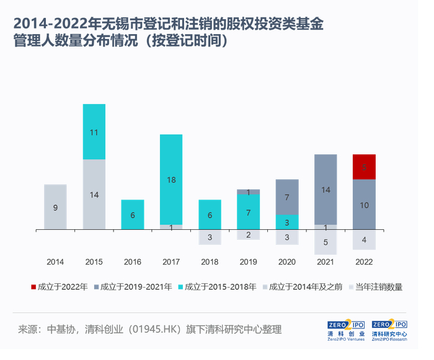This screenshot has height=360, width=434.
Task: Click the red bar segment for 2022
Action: [364, 167]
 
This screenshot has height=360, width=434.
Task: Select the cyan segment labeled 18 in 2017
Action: [171, 179]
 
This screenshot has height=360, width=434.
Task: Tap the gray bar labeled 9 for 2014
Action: [55, 207]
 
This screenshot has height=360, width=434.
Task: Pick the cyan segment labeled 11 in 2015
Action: [94, 132]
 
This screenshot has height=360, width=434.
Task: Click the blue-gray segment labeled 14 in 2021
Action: [325, 190]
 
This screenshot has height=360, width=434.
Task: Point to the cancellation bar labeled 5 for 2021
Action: [325, 242]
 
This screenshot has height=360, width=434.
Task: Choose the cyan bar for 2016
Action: [133, 214]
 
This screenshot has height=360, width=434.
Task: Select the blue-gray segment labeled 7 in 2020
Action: [287, 197]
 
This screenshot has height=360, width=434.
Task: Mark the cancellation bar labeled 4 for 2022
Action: [364, 240]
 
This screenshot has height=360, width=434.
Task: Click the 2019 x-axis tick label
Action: [248, 262]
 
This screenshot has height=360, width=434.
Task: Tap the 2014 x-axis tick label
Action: [55, 262]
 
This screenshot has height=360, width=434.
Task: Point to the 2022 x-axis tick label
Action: [364, 262]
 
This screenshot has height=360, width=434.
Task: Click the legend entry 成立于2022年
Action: [58, 287]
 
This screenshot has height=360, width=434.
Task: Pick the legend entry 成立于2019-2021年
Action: [133, 287]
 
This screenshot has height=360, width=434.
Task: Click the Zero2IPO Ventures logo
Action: [347, 331]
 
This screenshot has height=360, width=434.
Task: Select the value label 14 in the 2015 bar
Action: [94, 195]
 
